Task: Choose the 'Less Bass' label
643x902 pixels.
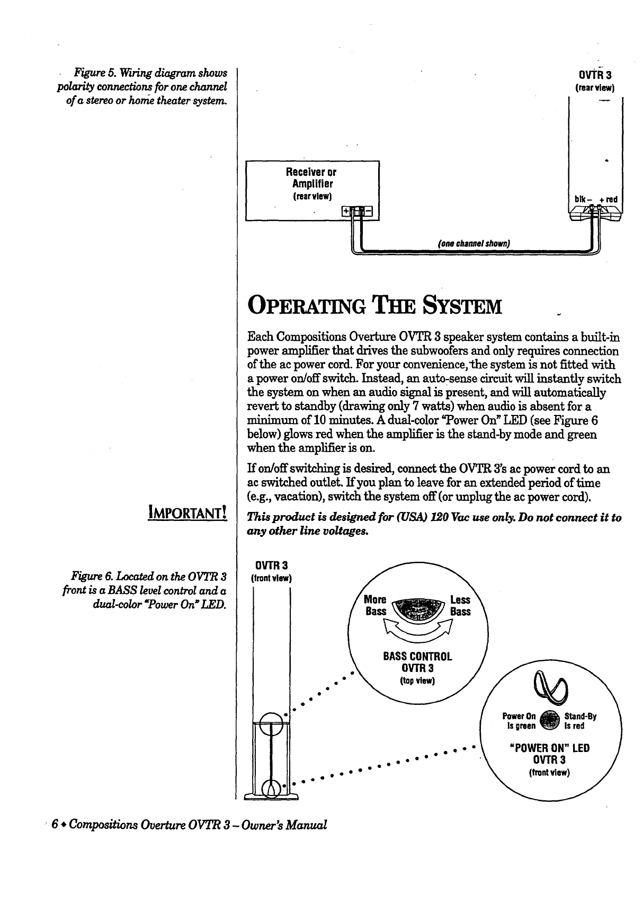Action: [x=460, y=605]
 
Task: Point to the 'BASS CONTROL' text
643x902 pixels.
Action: [x=417, y=657]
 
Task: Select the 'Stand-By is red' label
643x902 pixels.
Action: [x=581, y=721]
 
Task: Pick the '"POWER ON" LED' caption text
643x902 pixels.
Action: [x=549, y=748]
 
